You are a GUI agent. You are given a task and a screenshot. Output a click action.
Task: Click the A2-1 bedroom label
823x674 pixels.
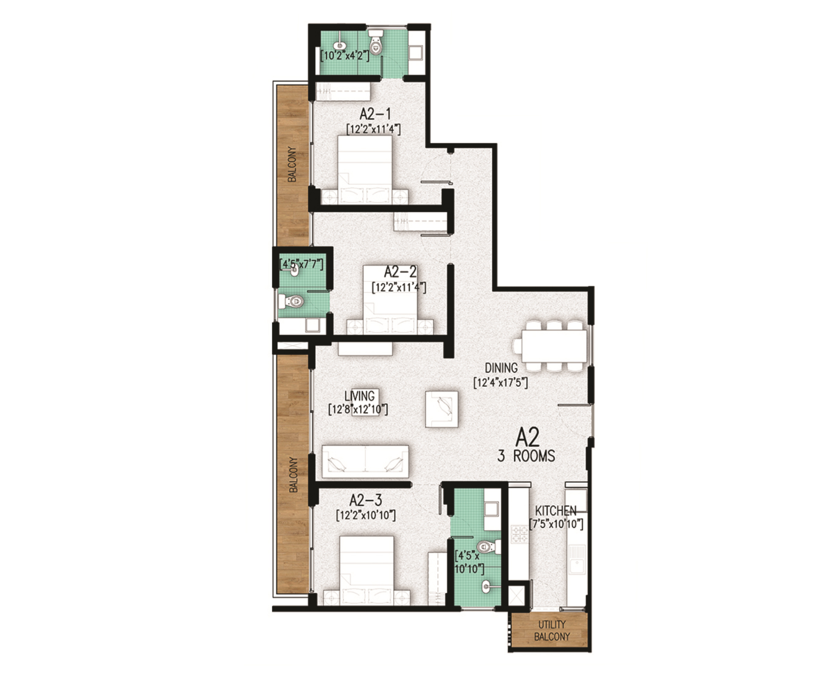pyautogui.click(x=375, y=114)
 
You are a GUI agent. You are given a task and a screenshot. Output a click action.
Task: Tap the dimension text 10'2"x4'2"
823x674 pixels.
pyautogui.click(x=345, y=56)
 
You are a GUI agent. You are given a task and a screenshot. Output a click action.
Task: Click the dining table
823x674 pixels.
pyautogui.click(x=554, y=346)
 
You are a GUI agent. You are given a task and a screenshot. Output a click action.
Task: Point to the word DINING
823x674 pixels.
pyautogui.click(x=501, y=368)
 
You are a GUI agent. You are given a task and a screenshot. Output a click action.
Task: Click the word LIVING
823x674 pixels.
pyautogui.click(x=360, y=396)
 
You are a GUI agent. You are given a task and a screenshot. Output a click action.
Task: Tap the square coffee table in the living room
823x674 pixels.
pyautogui.click(x=442, y=409)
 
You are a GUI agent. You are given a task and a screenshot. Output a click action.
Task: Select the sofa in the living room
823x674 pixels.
pyautogui.click(x=365, y=461)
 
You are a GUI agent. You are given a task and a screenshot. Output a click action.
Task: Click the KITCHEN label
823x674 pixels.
pyautogui.click(x=555, y=511)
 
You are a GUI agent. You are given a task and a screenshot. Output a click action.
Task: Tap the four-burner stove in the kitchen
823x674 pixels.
pyautogui.click(x=519, y=534)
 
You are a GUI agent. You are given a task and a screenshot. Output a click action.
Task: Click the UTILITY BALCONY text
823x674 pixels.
pyautogui.click(x=552, y=630)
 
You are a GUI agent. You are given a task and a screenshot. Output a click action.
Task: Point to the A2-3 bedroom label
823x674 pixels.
pyautogui.click(x=366, y=500)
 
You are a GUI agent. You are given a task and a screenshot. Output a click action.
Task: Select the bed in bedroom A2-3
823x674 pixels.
pyautogui.click(x=366, y=570)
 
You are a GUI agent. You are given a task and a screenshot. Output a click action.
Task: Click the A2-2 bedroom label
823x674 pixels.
pyautogui.click(x=400, y=272)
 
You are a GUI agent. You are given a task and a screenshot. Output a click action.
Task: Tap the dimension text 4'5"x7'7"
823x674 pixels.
pyautogui.click(x=302, y=264)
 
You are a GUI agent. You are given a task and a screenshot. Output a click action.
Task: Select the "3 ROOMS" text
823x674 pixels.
pyautogui.click(x=526, y=456)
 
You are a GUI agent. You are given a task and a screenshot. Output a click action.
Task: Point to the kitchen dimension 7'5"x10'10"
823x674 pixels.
pyautogui.click(x=556, y=524)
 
